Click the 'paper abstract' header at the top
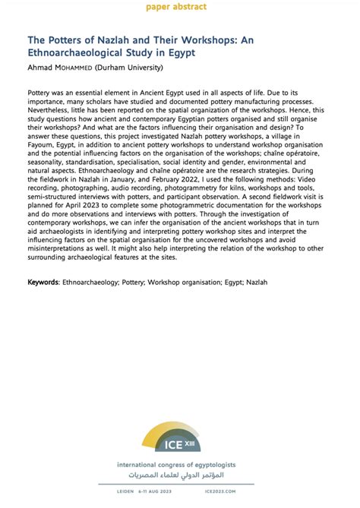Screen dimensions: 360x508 tap(180, 7)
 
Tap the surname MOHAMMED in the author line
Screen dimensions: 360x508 tap(82, 68)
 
